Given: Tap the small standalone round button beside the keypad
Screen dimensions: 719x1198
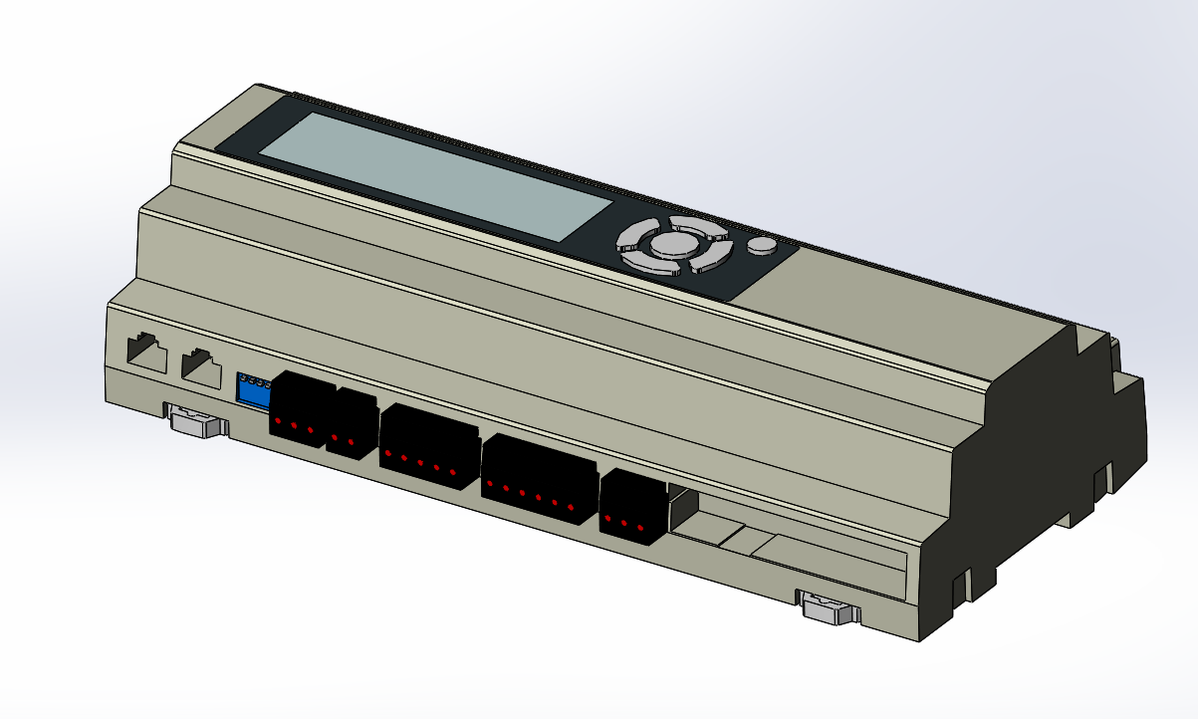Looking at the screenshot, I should pos(762,246).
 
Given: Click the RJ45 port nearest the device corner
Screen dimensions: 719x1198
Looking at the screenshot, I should pos(145,353).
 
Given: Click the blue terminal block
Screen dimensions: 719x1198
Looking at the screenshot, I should pos(253,391).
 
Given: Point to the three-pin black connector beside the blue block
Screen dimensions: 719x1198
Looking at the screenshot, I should pos(297,409).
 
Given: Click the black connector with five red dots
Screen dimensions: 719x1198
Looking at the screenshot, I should pos(428,447).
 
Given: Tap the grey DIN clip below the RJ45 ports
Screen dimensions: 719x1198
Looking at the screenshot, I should pos(197,421).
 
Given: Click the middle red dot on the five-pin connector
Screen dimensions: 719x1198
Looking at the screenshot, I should pos(420,463).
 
